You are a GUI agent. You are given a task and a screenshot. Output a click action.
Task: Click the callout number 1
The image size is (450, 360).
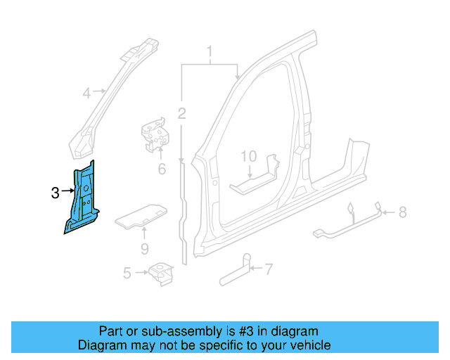pyautogui.click(x=209, y=51)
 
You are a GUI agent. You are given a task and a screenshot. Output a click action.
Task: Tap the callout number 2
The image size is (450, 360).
pyautogui.click(x=181, y=113)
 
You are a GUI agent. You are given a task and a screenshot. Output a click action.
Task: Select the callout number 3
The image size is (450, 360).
pyautogui.click(x=56, y=192)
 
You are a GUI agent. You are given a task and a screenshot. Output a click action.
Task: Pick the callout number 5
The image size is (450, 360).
pyautogui.click(x=127, y=272)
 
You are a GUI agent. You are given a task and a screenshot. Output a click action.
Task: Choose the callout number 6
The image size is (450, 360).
pyautogui.click(x=161, y=169)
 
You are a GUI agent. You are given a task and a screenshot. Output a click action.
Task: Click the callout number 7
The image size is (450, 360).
pyautogui.click(x=268, y=268)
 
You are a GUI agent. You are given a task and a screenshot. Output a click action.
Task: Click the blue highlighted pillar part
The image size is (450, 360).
pyautogui.click(x=82, y=200)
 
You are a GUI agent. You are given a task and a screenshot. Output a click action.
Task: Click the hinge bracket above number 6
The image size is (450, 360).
pyautogui.click(x=155, y=134)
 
